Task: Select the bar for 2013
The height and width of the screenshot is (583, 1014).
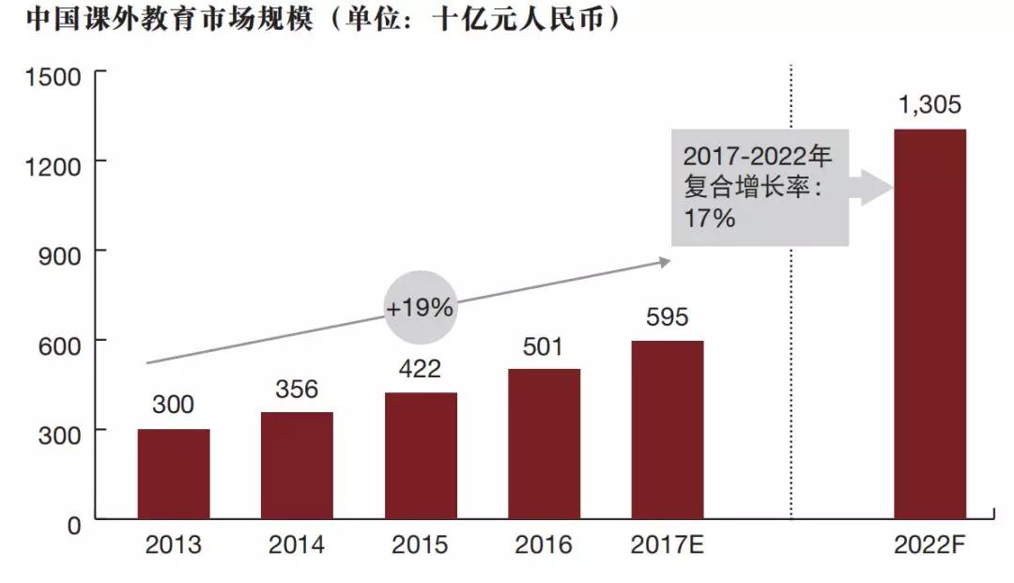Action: (174, 474)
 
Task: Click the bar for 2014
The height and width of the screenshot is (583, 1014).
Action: (297, 466)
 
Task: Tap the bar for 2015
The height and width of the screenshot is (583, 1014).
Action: (421, 455)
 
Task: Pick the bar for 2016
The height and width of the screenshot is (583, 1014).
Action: (544, 444)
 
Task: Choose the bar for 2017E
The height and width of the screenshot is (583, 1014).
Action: (667, 430)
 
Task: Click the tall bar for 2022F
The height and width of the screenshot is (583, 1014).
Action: (929, 324)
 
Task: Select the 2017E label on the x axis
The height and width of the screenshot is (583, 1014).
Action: (667, 545)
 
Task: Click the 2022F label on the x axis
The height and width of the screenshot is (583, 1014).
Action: (929, 545)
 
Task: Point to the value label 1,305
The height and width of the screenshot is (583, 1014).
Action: (929, 105)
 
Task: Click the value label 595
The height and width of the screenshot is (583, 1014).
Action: (667, 316)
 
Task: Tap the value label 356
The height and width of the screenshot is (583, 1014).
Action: (297, 389)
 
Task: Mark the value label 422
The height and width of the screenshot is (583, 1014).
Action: (420, 369)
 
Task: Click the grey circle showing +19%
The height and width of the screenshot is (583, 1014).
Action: (420, 307)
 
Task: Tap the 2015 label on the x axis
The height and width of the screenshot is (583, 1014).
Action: (420, 545)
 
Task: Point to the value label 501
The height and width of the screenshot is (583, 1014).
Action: (543, 346)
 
